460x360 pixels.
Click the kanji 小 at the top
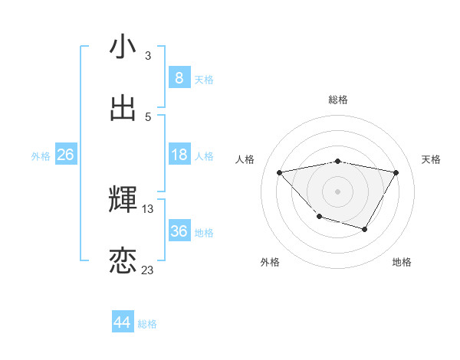123,47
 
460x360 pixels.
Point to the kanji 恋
123,260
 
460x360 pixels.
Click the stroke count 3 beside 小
148,56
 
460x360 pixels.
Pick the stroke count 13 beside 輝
148,208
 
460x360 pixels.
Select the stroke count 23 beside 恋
148,270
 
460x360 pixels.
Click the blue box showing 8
179,77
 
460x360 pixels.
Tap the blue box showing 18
179,155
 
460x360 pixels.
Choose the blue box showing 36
179,231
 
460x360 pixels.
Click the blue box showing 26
65,155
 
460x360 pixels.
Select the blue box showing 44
123,322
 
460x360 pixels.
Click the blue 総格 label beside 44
147,324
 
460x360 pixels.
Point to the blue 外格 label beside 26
41,156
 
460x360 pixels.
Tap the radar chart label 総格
338,100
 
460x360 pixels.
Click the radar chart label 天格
432,159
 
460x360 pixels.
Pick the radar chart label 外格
270,262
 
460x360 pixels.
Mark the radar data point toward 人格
280,172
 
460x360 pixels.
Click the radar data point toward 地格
365,229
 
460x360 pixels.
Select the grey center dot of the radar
337,191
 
